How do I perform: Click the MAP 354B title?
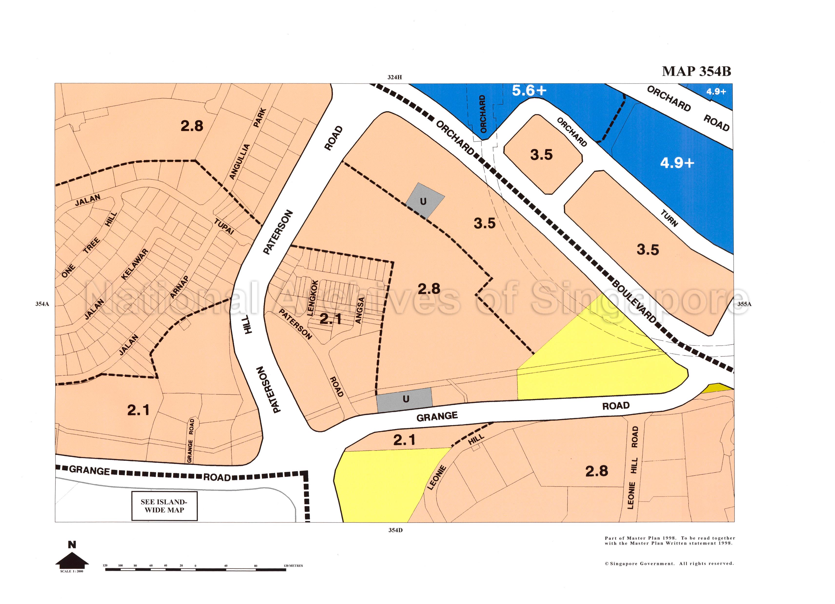click(696, 71)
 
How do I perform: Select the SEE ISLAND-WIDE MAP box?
click(164, 506)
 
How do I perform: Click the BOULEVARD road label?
click(634, 301)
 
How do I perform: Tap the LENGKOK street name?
click(312, 298)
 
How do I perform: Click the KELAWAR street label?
click(135, 264)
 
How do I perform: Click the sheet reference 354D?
click(395, 530)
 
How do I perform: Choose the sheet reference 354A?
click(42, 304)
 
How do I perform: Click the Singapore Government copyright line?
click(669, 563)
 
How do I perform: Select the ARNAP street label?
click(179, 287)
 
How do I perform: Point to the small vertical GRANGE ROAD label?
click(190, 440)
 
